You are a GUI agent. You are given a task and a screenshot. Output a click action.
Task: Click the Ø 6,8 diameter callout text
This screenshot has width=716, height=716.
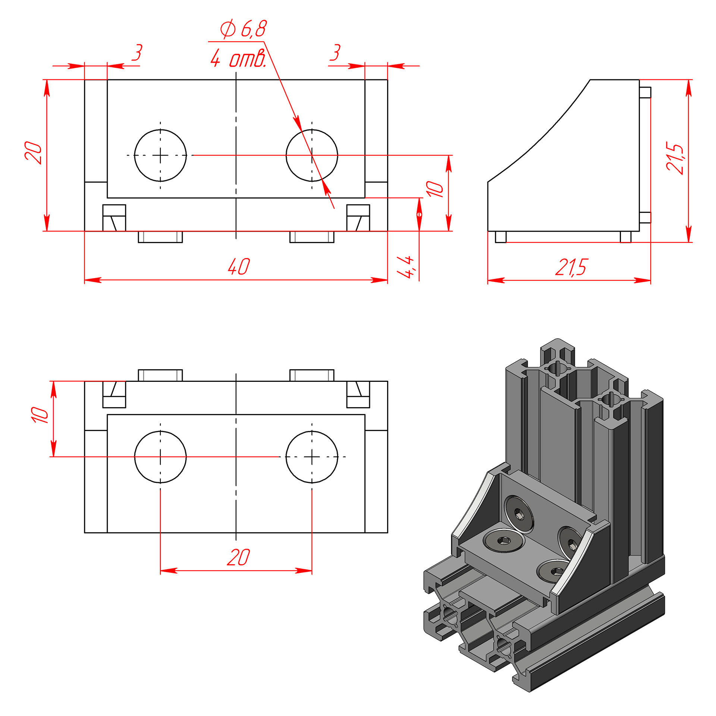(244, 29)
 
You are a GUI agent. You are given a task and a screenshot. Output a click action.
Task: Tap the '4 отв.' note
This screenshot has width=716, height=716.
(238, 58)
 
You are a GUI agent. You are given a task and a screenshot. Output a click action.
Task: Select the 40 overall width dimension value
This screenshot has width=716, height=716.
(239, 266)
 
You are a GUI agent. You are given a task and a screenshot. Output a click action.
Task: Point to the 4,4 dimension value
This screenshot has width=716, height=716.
(405, 267)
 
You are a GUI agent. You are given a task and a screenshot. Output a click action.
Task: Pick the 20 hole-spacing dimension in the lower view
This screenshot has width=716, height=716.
(238, 557)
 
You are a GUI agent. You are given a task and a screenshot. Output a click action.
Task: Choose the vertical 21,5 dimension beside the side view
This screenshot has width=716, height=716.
(675, 158)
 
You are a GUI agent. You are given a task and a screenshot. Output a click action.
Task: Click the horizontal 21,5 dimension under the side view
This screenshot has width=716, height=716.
(571, 267)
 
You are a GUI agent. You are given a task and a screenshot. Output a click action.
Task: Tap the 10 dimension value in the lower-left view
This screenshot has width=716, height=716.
(40, 415)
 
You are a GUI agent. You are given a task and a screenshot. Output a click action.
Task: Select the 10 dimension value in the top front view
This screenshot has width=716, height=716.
(434, 189)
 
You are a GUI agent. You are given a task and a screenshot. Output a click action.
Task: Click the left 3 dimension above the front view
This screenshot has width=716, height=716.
(137, 52)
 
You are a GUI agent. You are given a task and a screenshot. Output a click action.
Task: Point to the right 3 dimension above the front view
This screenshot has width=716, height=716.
(335, 52)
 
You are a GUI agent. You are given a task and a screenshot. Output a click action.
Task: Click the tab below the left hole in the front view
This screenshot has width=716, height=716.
(160, 237)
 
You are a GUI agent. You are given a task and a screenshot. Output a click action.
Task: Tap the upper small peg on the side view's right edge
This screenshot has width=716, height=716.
(645, 92)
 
